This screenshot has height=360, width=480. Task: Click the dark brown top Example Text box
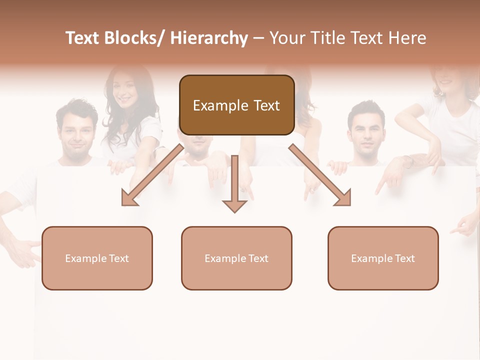(236, 105)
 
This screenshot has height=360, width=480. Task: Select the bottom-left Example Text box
(97, 258)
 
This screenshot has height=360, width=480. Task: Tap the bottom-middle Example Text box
(236, 258)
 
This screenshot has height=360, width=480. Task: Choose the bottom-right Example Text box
(383, 258)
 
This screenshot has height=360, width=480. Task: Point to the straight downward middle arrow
(234, 185)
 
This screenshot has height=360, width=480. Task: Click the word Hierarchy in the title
(209, 38)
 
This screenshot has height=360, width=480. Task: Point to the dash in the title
(258, 38)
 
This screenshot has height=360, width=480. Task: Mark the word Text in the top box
(265, 105)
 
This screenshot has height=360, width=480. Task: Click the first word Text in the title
(83, 38)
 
